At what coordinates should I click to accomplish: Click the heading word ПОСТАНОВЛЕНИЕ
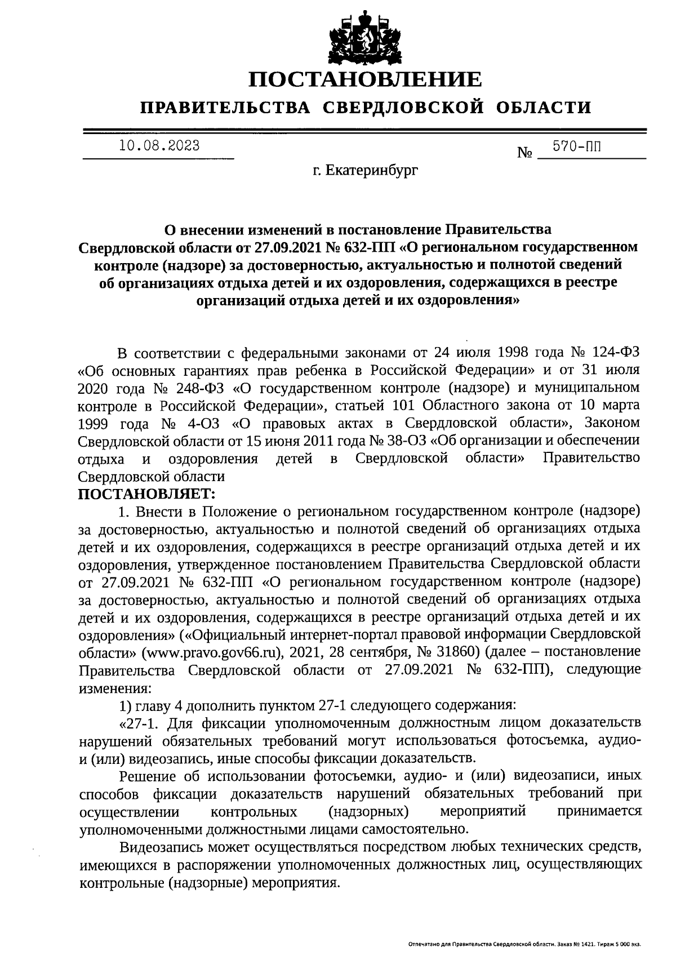pyautogui.click(x=366, y=79)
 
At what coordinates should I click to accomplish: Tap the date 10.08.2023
pyautogui.click(x=159, y=146)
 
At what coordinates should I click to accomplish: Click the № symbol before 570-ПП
pyautogui.click(x=524, y=153)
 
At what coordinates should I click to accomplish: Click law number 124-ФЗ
pyautogui.click(x=615, y=353)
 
